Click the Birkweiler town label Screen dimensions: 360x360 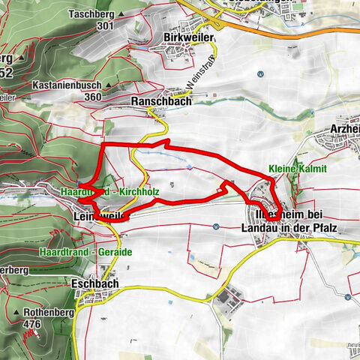(187, 37)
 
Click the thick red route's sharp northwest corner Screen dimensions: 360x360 (102, 143)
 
